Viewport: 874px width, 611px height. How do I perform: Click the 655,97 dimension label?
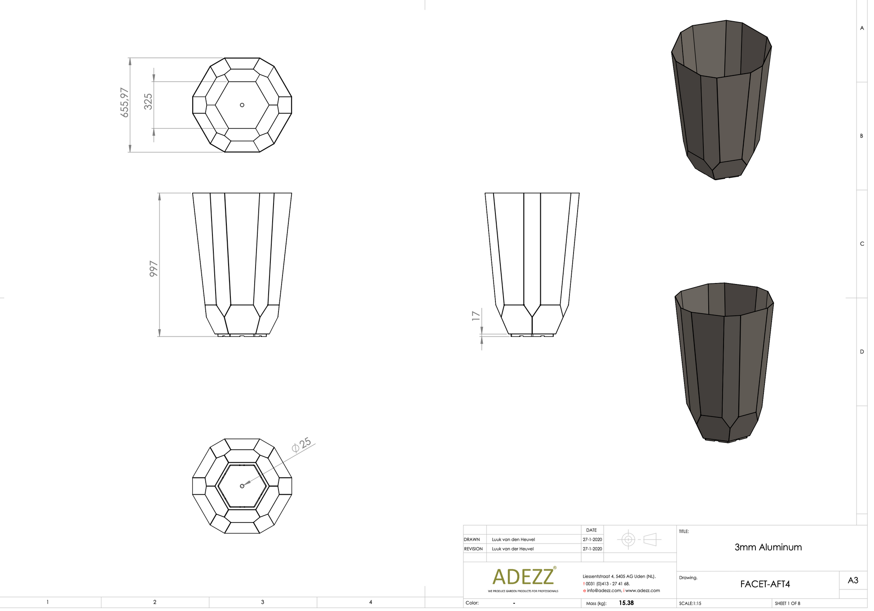(x=125, y=103)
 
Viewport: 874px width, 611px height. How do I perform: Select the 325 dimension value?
(x=148, y=102)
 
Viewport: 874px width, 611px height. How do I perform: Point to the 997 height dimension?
(x=154, y=269)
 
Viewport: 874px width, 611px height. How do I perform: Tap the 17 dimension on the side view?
(x=476, y=316)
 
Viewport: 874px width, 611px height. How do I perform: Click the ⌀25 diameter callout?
(x=301, y=445)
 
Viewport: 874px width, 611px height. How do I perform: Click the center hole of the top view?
(x=242, y=105)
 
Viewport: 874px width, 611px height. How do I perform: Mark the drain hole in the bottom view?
(x=242, y=486)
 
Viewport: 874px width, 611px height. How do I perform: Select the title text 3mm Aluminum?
(x=768, y=547)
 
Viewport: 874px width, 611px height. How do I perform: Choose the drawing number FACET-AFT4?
(x=765, y=584)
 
